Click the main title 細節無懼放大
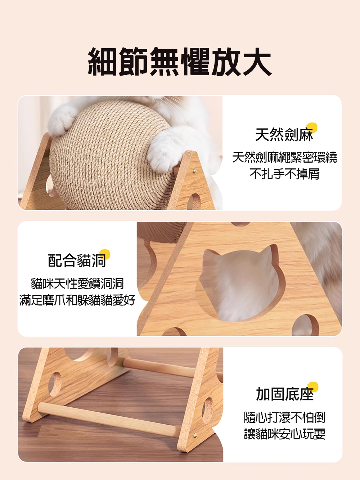[179, 61]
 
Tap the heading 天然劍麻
[284, 135]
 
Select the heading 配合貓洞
[77, 260]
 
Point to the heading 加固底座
[285, 394]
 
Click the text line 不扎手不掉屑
[284, 174]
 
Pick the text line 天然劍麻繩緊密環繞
[284, 157]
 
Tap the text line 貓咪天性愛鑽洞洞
[77, 284]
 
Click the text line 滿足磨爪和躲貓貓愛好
[77, 300]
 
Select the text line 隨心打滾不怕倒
[284, 417]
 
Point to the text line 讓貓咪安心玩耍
[284, 434]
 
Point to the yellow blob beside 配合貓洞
[105, 254]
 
